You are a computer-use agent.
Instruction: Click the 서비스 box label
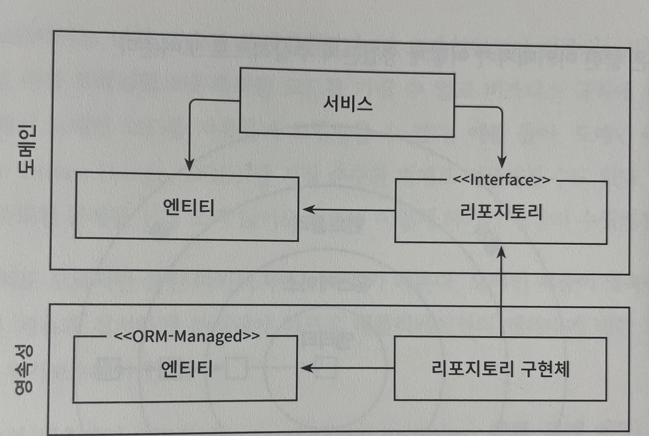[x=347, y=104]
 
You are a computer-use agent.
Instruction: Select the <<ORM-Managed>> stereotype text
[x=186, y=336]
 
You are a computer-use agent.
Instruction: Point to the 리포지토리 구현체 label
[x=500, y=369]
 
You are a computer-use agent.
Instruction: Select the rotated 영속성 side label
[x=24, y=370]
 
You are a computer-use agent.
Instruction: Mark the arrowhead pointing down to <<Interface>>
[x=502, y=163]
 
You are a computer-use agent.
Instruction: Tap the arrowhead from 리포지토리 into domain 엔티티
[x=308, y=209]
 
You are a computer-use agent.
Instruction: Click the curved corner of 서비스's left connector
[x=192, y=102]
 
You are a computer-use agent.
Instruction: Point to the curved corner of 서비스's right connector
[x=500, y=109]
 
